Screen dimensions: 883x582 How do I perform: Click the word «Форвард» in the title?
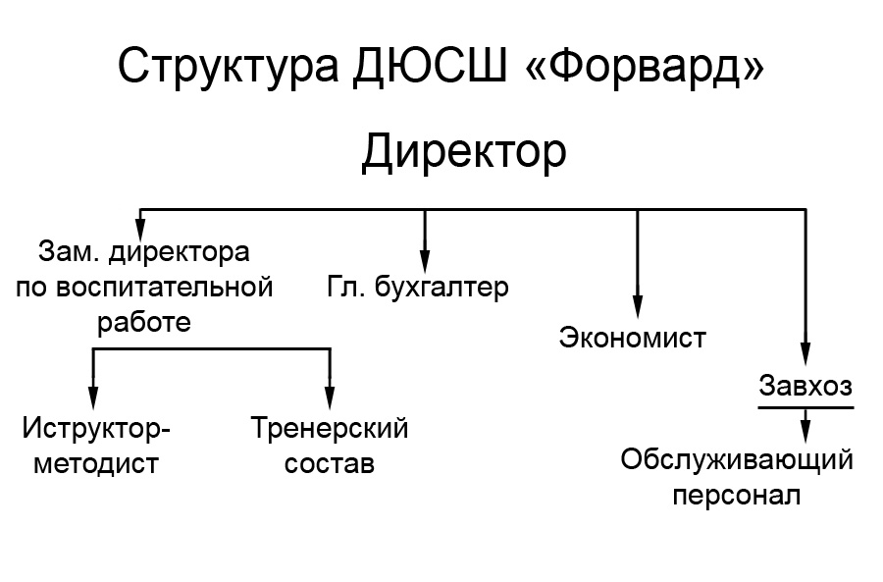pos(644,65)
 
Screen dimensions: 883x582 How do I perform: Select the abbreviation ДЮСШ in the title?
pos(431,67)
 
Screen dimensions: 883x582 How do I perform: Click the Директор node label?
pos(463,152)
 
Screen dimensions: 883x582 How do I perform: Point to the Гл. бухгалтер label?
pos(418,287)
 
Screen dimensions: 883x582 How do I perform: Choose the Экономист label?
pos(633,338)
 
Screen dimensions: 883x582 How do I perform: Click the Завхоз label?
pos(805,386)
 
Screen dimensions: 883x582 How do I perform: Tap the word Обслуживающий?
pos(737,459)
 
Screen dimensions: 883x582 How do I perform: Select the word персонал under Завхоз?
pos(737,497)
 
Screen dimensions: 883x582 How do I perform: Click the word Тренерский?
pos(330,428)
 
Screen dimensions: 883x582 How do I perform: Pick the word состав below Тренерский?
pos(330,464)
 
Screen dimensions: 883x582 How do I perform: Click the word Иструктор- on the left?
pos(96,428)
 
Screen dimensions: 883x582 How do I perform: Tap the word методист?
pos(96,464)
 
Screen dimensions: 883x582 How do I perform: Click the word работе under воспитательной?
pos(144,322)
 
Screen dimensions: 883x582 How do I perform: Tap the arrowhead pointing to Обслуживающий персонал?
pos(805,431)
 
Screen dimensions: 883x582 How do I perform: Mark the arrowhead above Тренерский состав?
pos(330,397)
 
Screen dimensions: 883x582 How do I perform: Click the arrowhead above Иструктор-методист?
pos(93,397)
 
